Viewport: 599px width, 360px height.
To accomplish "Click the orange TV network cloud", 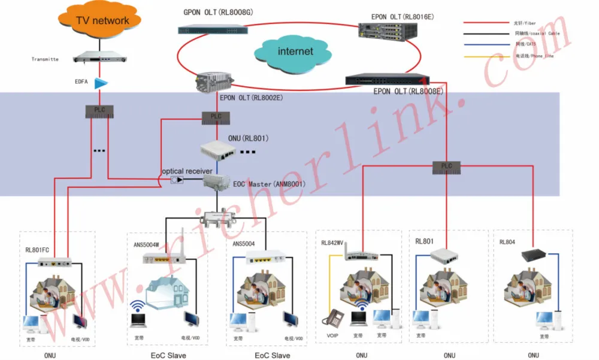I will pyautogui.click(x=102, y=22).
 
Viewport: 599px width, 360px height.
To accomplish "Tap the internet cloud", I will pyautogui.click(x=295, y=52).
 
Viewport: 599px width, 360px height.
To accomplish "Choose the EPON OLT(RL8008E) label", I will pyautogui.click(x=408, y=92).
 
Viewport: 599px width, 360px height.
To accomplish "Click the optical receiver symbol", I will pyautogui.click(x=177, y=180).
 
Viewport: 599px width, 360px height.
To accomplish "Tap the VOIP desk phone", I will pyautogui.click(x=332, y=317).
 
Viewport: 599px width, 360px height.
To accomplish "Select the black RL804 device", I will pyautogui.click(x=531, y=255).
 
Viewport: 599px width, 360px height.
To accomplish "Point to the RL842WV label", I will pyautogui.click(x=332, y=243).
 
